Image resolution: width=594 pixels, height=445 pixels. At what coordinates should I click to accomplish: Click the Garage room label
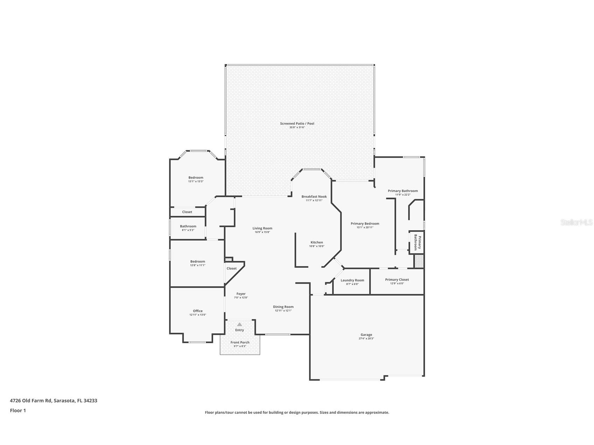pyautogui.click(x=366, y=334)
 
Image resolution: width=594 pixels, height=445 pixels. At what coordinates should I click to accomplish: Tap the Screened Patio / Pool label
pyautogui.click(x=297, y=123)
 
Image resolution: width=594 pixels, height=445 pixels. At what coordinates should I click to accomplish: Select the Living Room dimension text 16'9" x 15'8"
pyautogui.click(x=262, y=232)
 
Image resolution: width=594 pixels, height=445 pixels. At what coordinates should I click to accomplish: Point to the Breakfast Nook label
pyautogui.click(x=314, y=197)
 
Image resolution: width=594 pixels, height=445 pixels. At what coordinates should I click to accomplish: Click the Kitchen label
pyautogui.click(x=316, y=242)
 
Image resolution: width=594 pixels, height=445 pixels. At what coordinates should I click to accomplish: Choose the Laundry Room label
pyautogui.click(x=352, y=280)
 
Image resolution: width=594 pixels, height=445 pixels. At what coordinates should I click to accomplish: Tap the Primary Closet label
pyautogui.click(x=397, y=280)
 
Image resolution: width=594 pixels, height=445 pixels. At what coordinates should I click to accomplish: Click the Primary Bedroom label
pyautogui.click(x=365, y=224)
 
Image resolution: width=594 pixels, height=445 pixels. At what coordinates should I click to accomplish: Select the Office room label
pyautogui.click(x=197, y=311)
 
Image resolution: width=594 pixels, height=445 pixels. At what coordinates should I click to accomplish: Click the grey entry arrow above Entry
pyautogui.click(x=239, y=324)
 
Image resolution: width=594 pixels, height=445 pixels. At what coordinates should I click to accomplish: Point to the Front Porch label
pyautogui.click(x=240, y=342)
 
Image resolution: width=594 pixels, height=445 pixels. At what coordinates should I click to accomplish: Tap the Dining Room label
pyautogui.click(x=283, y=307)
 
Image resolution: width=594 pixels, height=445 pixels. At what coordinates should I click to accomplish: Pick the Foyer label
pyautogui.click(x=241, y=294)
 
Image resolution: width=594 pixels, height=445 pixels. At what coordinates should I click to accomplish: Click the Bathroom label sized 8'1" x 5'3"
pyautogui.click(x=188, y=226)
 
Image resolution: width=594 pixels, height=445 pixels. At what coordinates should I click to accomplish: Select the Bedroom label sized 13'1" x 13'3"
pyautogui.click(x=196, y=178)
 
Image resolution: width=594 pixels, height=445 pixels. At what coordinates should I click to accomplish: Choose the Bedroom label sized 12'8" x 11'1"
pyautogui.click(x=197, y=261)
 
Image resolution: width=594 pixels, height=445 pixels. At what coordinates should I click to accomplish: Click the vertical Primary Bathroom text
pyautogui.click(x=418, y=242)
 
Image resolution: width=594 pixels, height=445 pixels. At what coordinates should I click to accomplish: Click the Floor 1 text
pyautogui.click(x=18, y=410)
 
